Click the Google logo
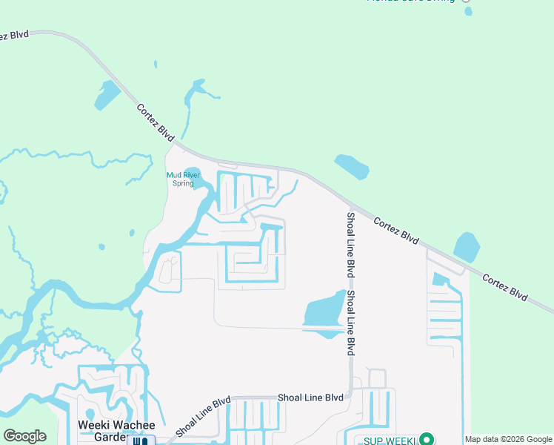point(24,436)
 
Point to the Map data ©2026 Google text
point(508,440)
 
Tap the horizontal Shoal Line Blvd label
point(310,398)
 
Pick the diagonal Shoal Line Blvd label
point(203,416)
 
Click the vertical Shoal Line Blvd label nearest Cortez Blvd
point(350,245)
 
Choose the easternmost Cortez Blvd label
point(504,287)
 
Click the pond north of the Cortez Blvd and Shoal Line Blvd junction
point(351,167)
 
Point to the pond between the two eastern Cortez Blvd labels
point(466,247)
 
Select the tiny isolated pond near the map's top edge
point(467,11)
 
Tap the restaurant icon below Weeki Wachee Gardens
point(140,441)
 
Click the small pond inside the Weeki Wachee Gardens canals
point(90,412)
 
